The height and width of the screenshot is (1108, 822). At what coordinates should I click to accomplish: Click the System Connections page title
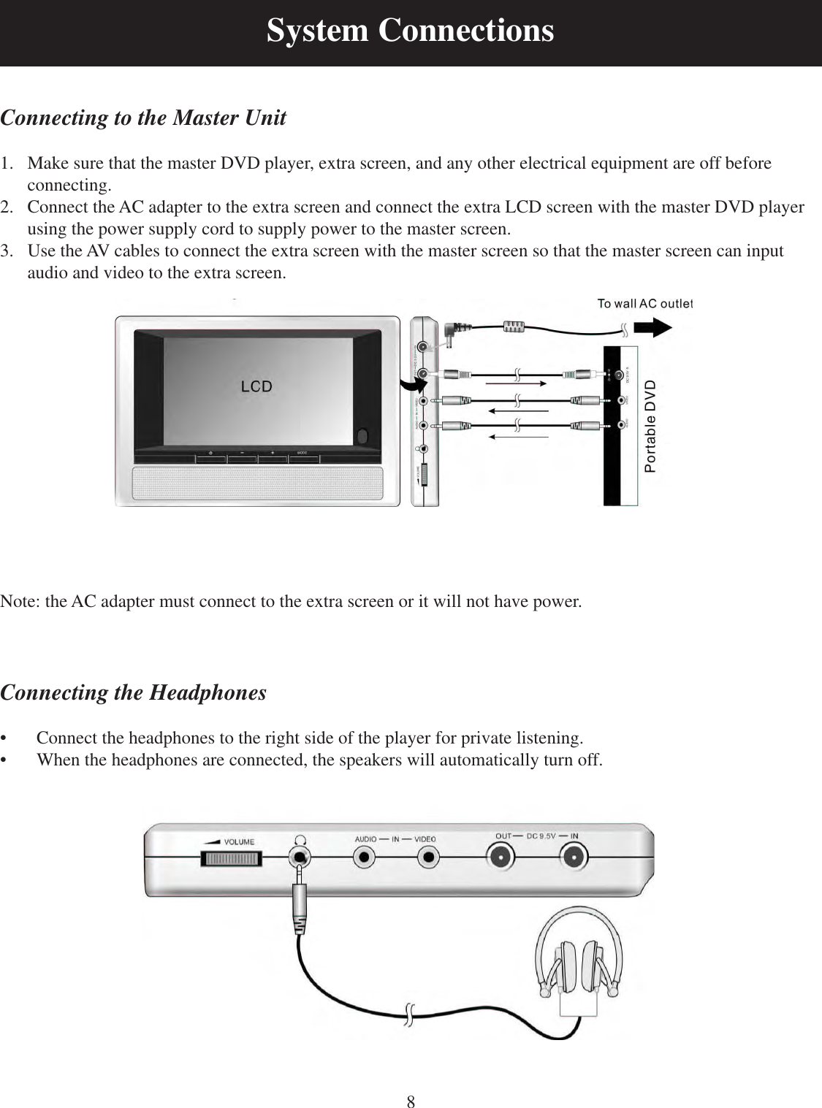(x=410, y=31)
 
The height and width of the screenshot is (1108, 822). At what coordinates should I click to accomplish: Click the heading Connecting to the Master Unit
(x=143, y=118)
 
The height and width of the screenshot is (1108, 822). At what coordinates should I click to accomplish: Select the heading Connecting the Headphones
(x=134, y=692)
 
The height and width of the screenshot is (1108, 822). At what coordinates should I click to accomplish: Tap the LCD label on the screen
(x=256, y=386)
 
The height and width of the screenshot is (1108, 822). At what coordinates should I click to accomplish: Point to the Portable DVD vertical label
(x=651, y=426)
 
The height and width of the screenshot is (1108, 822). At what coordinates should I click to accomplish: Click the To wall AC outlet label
(x=644, y=304)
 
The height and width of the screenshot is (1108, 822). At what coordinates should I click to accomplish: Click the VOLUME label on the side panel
(x=239, y=841)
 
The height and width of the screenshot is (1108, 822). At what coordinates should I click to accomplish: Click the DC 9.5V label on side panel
(x=541, y=837)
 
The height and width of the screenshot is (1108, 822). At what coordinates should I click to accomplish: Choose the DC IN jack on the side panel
(x=574, y=855)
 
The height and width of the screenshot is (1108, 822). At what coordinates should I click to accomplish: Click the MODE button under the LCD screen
(x=302, y=457)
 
